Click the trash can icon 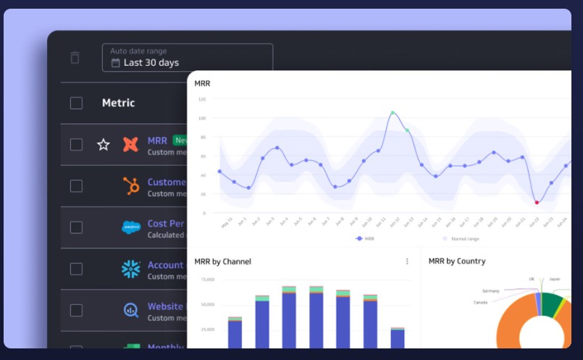tap(75, 58)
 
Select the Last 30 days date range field tap(187, 57)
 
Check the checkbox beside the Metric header tap(76, 103)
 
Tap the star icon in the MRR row tap(104, 145)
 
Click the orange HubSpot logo tap(131, 186)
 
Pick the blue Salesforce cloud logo tap(131, 227)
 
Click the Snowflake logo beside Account tap(131, 269)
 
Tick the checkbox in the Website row tap(76, 310)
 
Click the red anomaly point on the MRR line tap(537, 202)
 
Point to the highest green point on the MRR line tap(393, 113)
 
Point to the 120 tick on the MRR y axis tap(202, 99)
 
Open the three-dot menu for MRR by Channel tap(407, 261)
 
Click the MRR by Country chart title tap(457, 261)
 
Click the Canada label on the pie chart tap(481, 302)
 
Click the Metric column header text tap(118, 103)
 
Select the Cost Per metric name tap(166, 224)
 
